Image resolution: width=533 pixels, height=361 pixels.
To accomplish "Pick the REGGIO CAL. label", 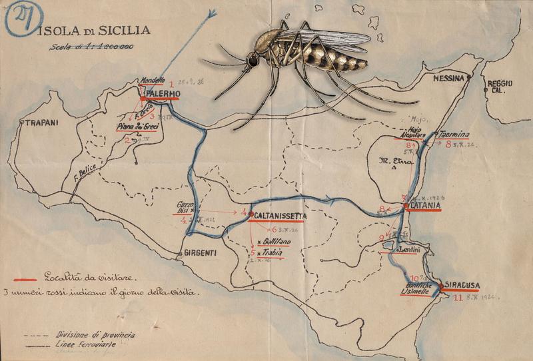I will (500, 87).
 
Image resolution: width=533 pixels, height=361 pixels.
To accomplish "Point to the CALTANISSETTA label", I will (280, 216).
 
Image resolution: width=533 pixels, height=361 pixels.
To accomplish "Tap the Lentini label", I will (408, 249).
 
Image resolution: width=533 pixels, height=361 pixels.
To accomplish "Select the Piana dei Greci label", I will (136, 126).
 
